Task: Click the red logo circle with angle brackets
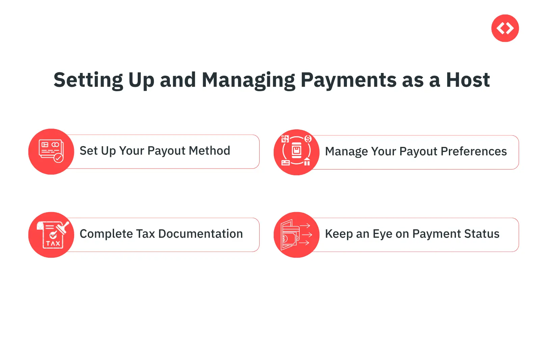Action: (505, 28)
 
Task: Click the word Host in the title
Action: (468, 80)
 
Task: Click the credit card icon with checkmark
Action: (51, 151)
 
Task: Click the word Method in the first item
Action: (209, 151)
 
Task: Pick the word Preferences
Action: (474, 151)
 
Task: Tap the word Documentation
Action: (200, 234)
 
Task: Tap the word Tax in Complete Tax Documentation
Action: (145, 234)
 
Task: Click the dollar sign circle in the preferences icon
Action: (308, 139)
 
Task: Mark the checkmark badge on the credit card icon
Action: (58, 158)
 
